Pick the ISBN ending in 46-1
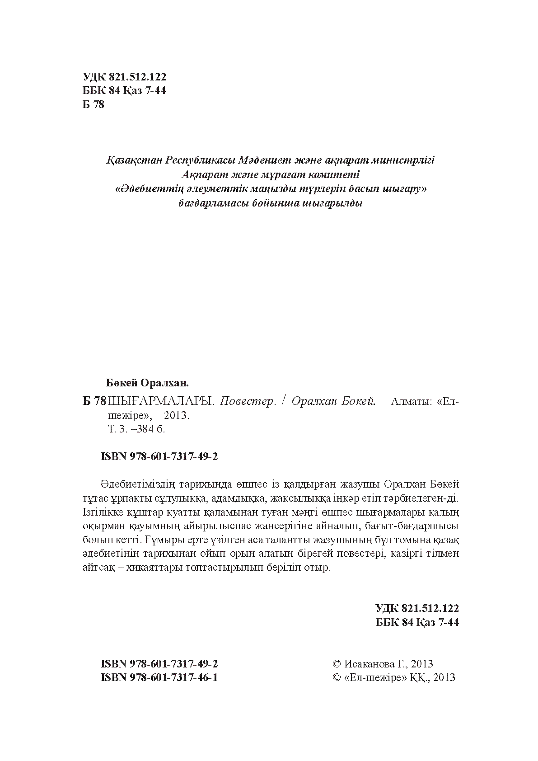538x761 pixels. (x=160, y=677)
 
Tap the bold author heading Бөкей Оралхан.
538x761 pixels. (x=147, y=383)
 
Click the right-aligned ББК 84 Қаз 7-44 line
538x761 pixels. (x=417, y=622)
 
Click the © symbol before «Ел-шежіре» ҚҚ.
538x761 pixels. (x=337, y=677)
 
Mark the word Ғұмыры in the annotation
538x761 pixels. (x=163, y=540)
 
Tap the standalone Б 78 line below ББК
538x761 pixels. (x=94, y=105)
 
